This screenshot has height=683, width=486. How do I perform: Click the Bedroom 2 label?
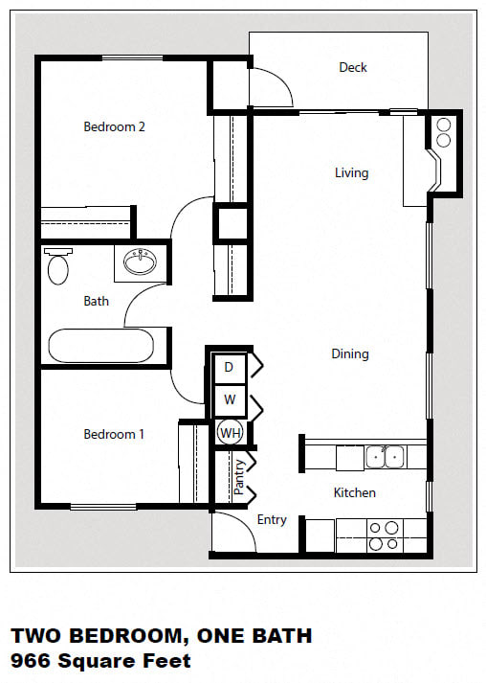pos(114,126)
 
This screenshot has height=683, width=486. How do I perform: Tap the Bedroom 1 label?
pos(114,434)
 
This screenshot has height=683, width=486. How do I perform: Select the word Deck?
pos(353,67)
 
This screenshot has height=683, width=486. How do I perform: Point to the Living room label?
pos(351,172)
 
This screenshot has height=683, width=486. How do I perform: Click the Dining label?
pos(350,353)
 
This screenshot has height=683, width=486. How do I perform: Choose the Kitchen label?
pos(354,492)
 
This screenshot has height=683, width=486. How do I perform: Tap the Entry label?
pos(272,519)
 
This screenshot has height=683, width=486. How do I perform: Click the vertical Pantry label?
pos(240,478)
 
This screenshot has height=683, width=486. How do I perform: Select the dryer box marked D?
pos(230,367)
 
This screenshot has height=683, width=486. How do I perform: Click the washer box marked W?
pos(230,398)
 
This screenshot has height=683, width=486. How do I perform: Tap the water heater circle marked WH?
pos(230,433)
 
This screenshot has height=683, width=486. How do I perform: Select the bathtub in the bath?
pos(99,346)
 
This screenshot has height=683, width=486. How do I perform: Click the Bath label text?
pos(96,301)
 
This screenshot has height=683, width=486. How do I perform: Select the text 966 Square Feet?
pos(100,660)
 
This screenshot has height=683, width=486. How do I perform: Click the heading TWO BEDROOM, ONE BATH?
pos(161,636)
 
